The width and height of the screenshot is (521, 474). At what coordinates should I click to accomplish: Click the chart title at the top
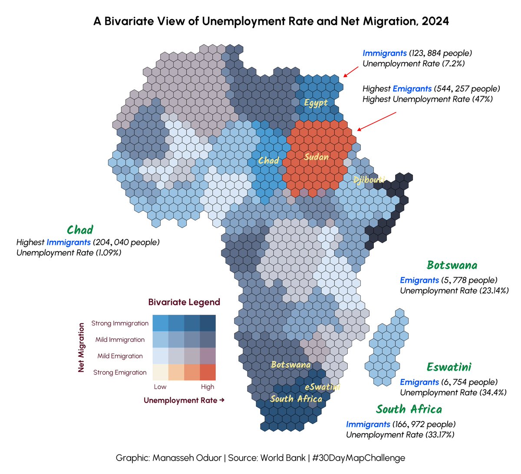tap(271, 21)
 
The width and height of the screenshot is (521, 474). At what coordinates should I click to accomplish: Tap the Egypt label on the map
tap(316, 103)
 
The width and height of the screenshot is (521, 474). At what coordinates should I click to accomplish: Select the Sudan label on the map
tap(316, 157)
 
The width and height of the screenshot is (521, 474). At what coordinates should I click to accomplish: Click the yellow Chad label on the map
tap(268, 161)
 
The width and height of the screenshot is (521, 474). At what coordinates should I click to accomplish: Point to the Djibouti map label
tap(369, 179)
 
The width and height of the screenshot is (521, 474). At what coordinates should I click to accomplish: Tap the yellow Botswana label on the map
tap(290, 365)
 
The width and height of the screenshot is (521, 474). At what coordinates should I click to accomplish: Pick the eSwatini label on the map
tap(322, 387)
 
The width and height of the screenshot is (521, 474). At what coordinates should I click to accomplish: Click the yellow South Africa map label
tap(296, 399)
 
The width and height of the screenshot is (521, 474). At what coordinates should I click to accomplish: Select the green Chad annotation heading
tap(80, 230)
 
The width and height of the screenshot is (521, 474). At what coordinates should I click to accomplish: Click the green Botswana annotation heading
tap(452, 265)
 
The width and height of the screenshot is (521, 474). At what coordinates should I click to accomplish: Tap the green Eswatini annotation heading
tap(449, 367)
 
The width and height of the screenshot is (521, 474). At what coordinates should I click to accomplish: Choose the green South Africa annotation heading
tap(409, 409)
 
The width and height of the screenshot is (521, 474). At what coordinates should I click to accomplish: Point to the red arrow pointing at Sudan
tap(376, 121)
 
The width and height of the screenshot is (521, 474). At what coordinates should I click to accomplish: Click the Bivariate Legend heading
tap(184, 302)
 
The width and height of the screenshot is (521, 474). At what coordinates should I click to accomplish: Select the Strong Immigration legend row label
tap(120, 323)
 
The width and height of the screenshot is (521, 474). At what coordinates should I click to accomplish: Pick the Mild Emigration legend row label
tap(120, 356)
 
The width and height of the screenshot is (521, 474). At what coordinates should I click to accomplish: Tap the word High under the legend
tap(208, 387)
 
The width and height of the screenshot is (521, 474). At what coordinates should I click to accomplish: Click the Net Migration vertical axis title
tap(81, 347)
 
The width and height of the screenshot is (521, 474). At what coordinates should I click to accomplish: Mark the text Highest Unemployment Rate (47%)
tap(428, 99)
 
